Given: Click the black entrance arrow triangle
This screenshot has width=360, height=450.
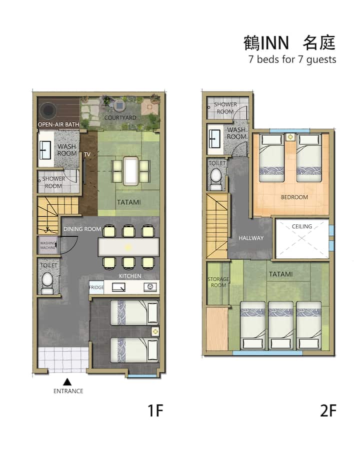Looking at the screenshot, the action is tap(67, 382).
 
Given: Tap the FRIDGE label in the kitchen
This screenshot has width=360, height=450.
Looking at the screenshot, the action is tap(96, 287).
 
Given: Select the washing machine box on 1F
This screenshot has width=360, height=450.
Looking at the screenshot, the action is tap(48, 245).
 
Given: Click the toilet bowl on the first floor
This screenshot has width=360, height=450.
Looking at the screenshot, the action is tap(47, 281).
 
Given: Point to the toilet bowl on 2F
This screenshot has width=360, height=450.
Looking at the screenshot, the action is tap(216, 178).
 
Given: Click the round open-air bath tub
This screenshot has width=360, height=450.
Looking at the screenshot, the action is tap(48, 110).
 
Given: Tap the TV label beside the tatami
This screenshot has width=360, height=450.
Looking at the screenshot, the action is tap(87, 154).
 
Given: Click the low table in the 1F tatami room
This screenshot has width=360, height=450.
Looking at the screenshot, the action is tap(130, 171).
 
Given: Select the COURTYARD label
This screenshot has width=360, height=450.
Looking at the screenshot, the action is tap(120, 118).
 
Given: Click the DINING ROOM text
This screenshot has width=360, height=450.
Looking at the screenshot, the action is tap(82, 229).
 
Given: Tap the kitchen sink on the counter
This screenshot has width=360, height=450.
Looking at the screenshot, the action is tap(118, 287).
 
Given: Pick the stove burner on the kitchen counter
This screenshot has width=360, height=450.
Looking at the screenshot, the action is tap(150, 287).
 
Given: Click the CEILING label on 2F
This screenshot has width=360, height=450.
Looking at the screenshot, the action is tap(302, 226).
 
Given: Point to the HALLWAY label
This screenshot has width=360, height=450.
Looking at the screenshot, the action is tap(251, 238).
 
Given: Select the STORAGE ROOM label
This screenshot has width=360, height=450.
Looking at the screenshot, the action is tap(218, 282).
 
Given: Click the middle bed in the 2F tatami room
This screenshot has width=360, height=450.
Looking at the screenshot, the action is tap(281, 325).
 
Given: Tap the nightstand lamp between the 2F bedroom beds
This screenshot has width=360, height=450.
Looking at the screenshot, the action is tap(290, 137).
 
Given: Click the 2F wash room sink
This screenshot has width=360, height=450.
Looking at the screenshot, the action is tap(214, 139).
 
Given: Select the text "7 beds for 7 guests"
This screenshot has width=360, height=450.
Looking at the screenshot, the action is tap(292, 60).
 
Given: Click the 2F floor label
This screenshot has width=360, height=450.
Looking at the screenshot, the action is tap(328, 410).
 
